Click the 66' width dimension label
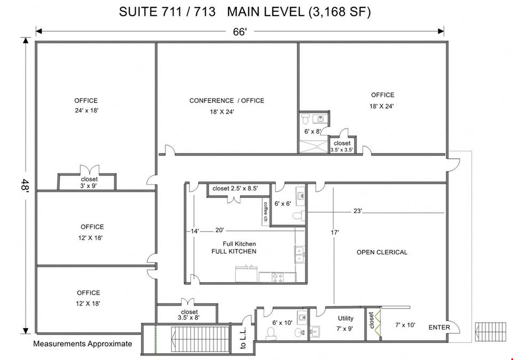[240, 31]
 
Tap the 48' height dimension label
[26, 186]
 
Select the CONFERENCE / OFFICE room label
[227, 101]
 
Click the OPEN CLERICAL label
[382, 252]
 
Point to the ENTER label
[439, 327]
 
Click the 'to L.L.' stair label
[243, 338]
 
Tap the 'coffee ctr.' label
[266, 212]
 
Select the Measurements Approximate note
[82, 343]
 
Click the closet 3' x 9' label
[89, 182]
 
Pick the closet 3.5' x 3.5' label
[342, 147]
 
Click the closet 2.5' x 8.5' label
[235, 188]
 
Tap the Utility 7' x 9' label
[345, 323]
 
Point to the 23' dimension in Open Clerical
[358, 211]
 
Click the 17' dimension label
[334, 233]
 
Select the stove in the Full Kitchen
[278, 277]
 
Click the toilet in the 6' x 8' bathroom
[305, 119]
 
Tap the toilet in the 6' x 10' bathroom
[271, 333]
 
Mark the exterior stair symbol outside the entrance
[491, 332]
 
